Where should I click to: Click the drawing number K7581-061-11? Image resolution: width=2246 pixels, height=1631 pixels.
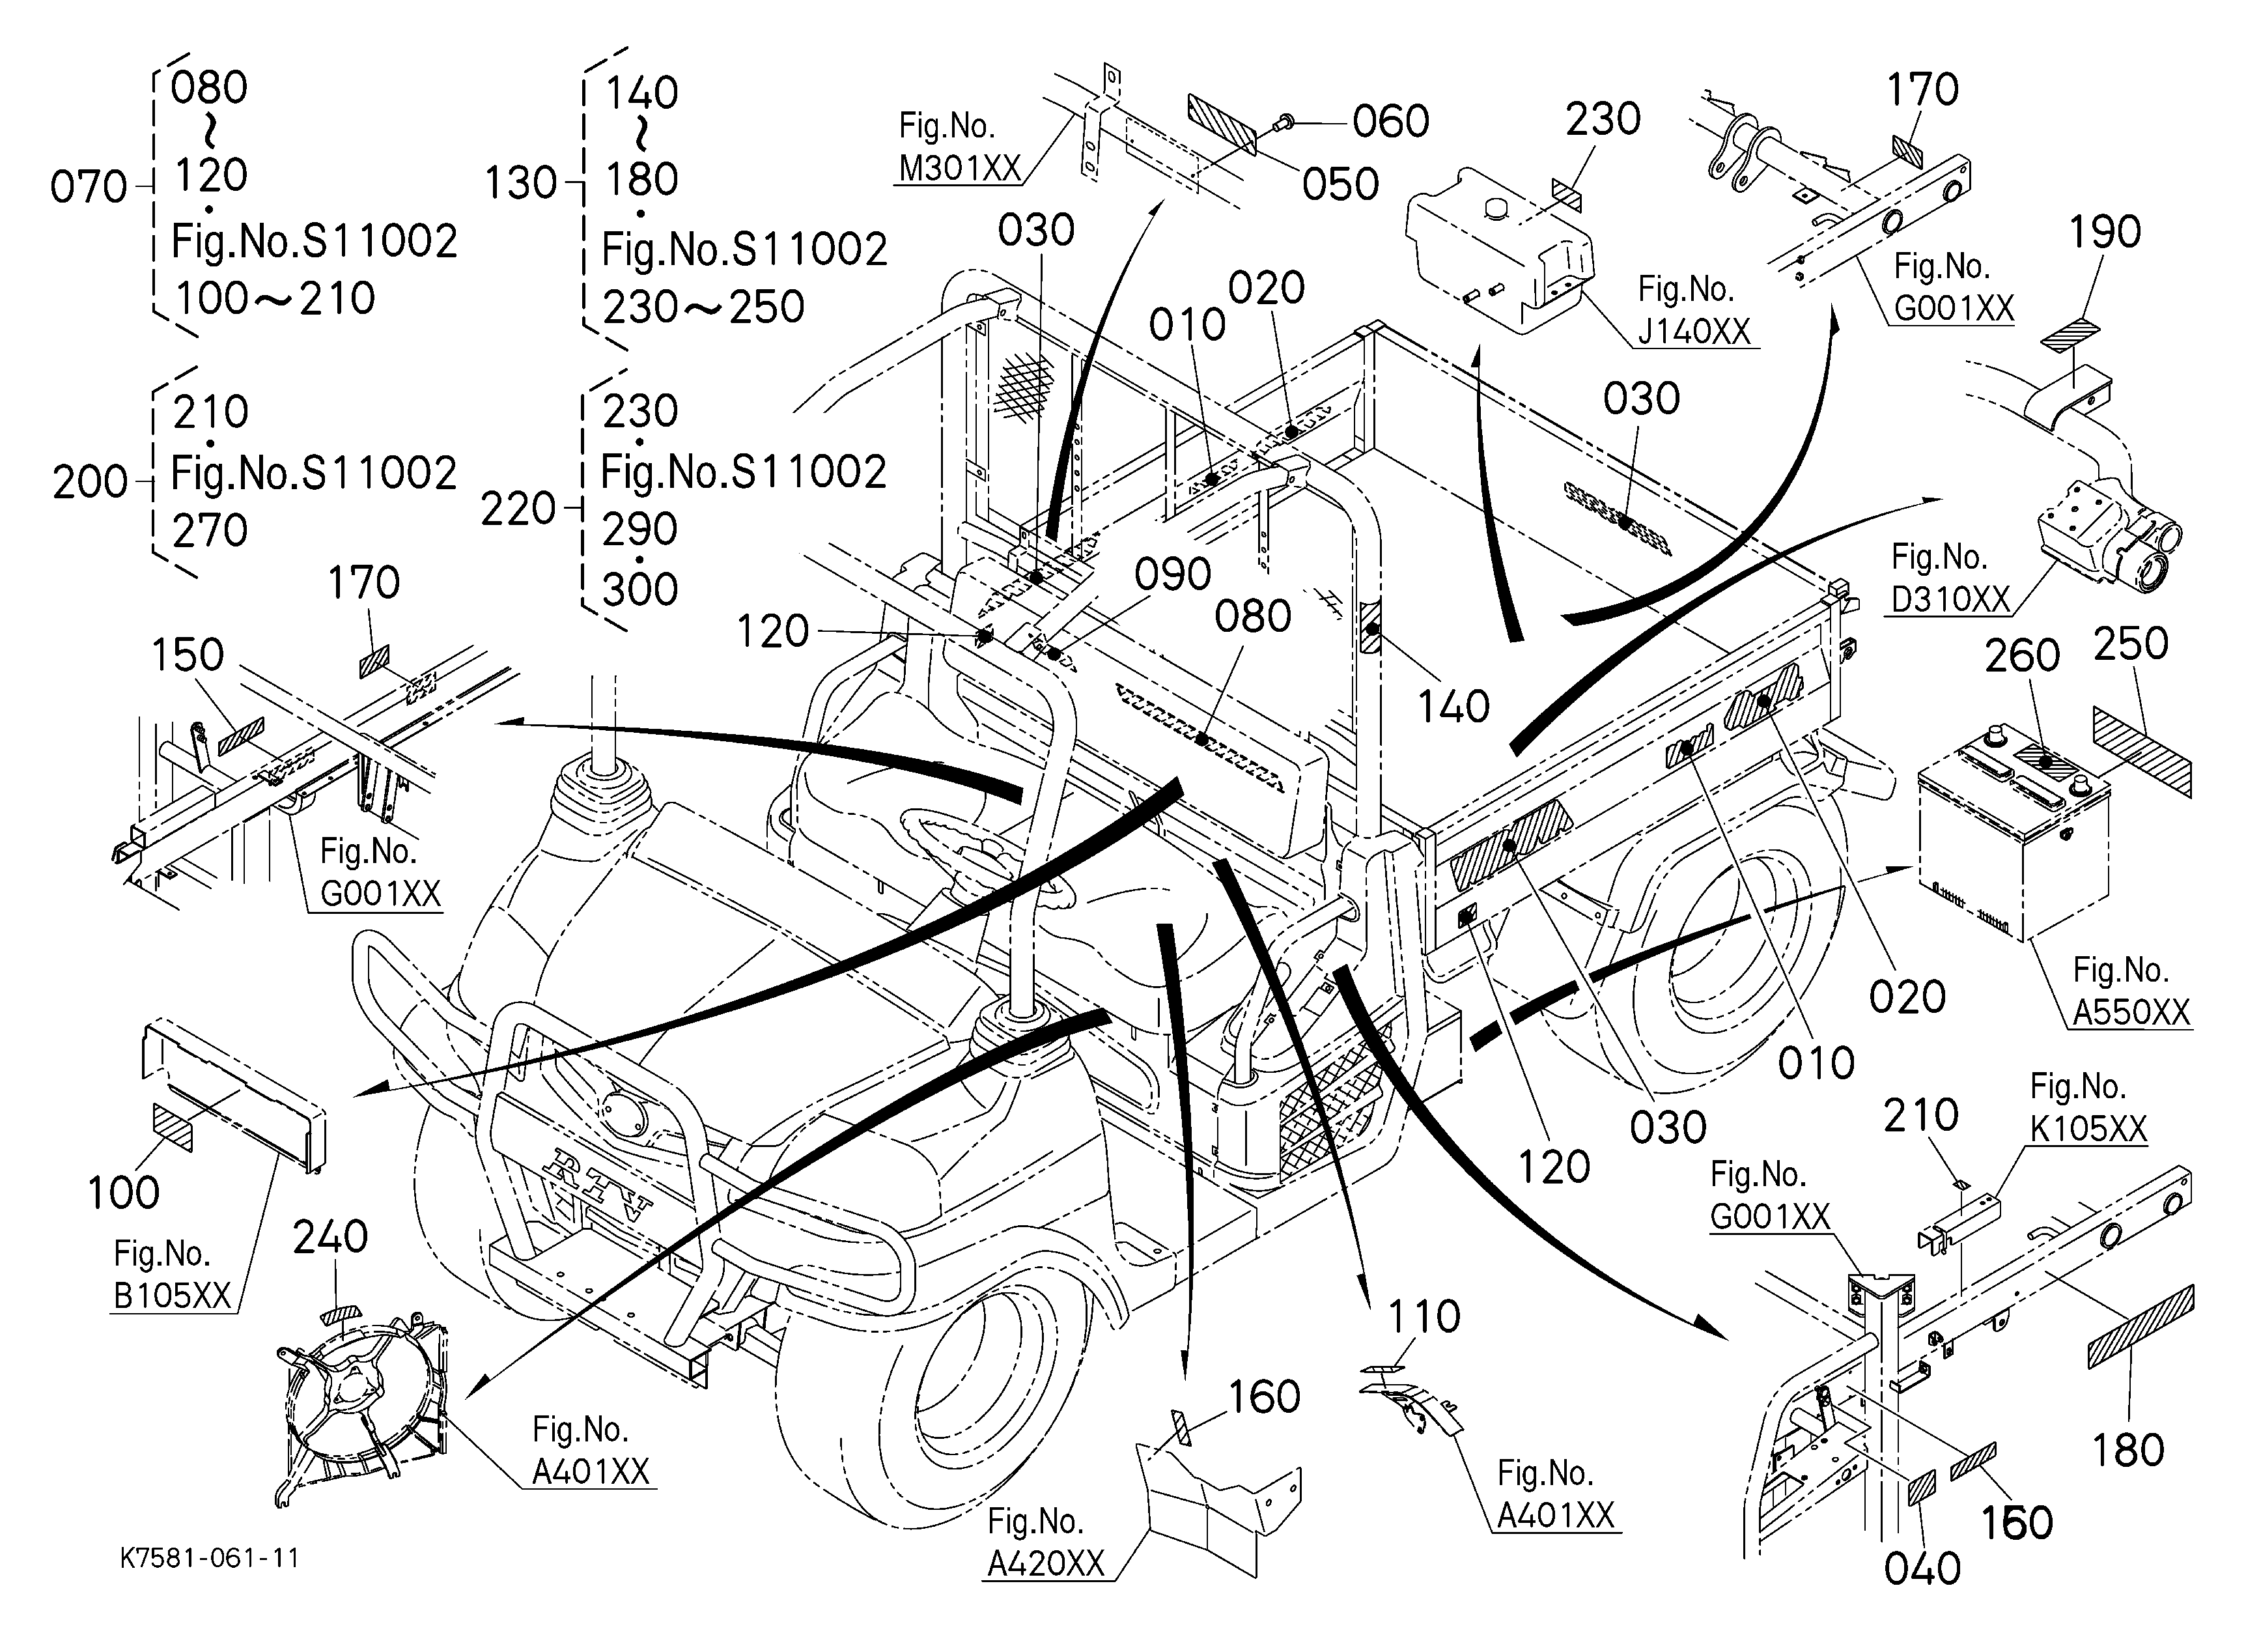(x=209, y=1557)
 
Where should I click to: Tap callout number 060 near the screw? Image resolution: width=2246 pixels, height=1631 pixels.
(x=1392, y=122)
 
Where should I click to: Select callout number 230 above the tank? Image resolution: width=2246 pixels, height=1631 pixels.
(x=1603, y=120)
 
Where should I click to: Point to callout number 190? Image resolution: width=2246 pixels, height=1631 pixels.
(x=2105, y=233)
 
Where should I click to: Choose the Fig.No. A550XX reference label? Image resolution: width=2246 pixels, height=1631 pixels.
(x=2131, y=990)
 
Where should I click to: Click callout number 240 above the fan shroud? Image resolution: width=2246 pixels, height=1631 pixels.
(x=331, y=1237)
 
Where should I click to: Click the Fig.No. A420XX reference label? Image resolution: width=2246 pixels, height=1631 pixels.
(x=1046, y=1542)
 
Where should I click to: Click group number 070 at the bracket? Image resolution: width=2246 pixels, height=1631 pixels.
(x=89, y=187)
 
